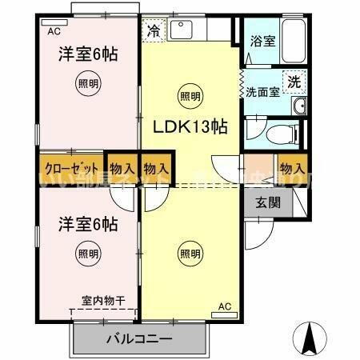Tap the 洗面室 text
click(x=262, y=91)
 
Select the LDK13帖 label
click(x=190, y=127)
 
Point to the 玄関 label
click(x=268, y=202)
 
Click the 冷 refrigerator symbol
click(x=153, y=33)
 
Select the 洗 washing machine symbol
click(x=294, y=81)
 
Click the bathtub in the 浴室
click(x=294, y=38)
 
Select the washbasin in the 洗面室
click(x=300, y=107)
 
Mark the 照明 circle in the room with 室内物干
click(x=89, y=254)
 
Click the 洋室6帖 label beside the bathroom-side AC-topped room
click(x=87, y=54)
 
